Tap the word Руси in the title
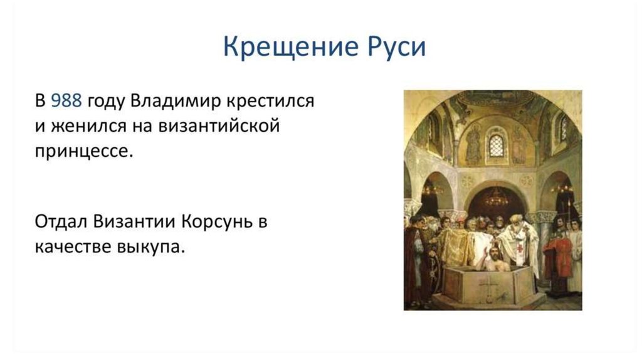[x=397, y=46]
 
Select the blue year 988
[x=66, y=101]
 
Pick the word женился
[x=88, y=126]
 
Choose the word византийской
[x=219, y=125]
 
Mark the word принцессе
[x=84, y=152]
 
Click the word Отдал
[x=61, y=222]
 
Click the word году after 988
[x=106, y=102]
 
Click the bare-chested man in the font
[x=494, y=260]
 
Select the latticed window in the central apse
[x=497, y=146]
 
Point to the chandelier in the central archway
[x=497, y=199]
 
